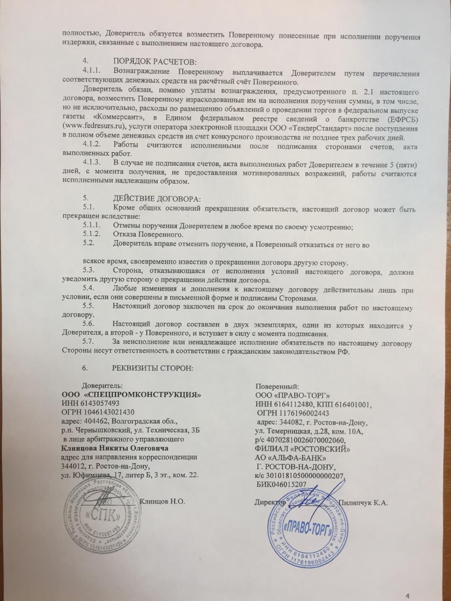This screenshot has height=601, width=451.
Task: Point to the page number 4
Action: click(x=407, y=583)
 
